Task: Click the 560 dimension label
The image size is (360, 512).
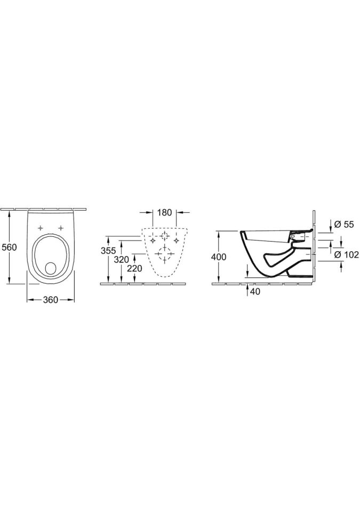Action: coord(9,247)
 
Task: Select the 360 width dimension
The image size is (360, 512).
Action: coord(50,300)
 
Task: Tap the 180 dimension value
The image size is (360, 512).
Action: coord(164,213)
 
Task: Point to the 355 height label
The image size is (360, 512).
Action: coord(108,251)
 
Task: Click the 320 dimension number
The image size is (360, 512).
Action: coord(121,260)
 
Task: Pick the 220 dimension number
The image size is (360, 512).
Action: coord(134,269)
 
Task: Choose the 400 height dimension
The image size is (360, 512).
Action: coord(219,257)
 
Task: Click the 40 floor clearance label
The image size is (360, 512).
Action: coord(255,292)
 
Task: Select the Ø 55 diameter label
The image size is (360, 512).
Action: coord(344,225)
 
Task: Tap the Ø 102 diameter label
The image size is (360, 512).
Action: coord(347,255)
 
